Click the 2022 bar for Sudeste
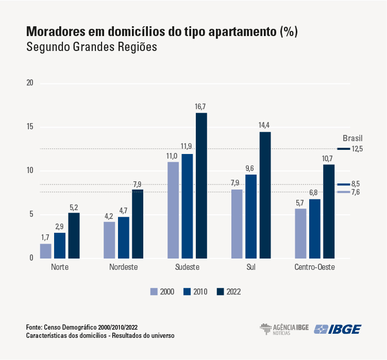pos(201,185)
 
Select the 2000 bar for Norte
pos(46,251)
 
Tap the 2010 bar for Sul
pos(251,216)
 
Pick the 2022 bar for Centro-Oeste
pos(329,211)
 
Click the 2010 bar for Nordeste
pos(124,237)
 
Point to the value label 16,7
pos(201,107)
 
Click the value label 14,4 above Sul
pos(265,126)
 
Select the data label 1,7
pos(46,237)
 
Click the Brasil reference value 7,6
pos(357,192)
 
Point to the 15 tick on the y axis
pos(30,127)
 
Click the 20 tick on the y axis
pos(30,83)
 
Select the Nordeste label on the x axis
pos(124,268)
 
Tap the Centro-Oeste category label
pos(314,268)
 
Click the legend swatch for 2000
pos(154,292)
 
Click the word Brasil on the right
pos(353,138)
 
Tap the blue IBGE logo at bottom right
pos(338,329)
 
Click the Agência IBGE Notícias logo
pos(282,329)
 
